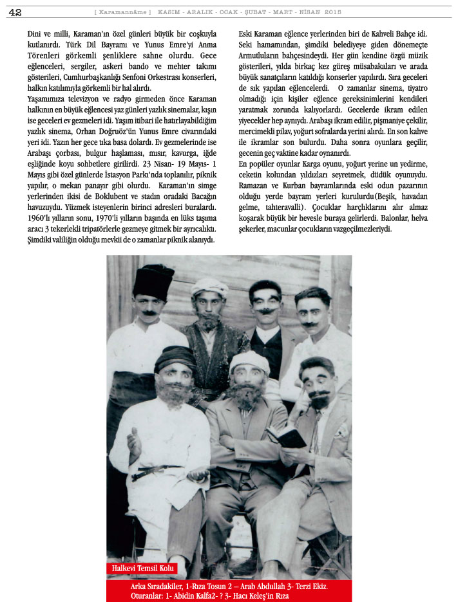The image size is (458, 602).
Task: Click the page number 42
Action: coord(15,12)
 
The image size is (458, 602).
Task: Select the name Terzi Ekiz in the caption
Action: coord(308,586)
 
